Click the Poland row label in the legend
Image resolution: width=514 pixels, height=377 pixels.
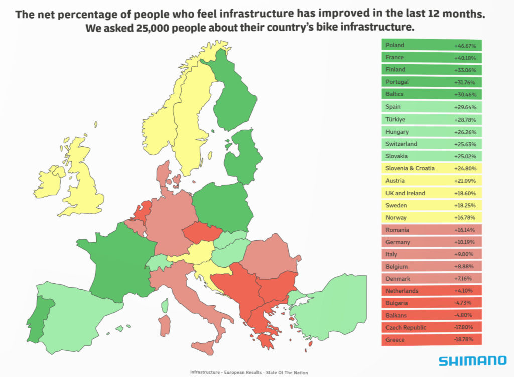click(395, 45)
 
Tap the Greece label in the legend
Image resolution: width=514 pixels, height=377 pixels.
click(395, 340)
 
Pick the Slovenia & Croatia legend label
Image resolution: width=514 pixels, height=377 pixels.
click(410, 168)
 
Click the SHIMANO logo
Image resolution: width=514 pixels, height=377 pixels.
click(472, 360)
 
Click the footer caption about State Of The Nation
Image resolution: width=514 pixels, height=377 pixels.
click(249, 372)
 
